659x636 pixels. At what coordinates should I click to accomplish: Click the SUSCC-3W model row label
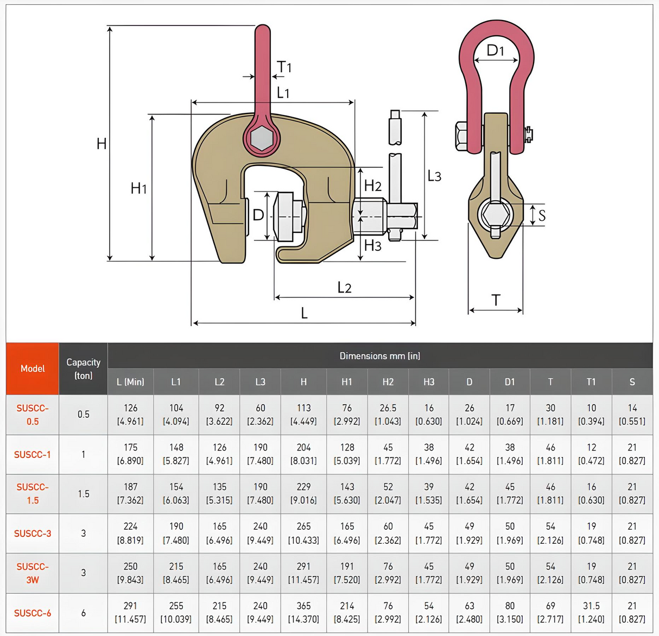(x=33, y=573)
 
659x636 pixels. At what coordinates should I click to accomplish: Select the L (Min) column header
(x=130, y=381)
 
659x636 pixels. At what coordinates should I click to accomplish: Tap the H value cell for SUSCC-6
(x=303, y=612)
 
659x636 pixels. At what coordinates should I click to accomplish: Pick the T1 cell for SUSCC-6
(x=591, y=612)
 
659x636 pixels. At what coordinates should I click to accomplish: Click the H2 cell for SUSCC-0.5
(x=388, y=414)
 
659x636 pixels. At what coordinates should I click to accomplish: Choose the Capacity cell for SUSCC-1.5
(x=83, y=494)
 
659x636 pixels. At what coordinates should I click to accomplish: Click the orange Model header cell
(x=33, y=368)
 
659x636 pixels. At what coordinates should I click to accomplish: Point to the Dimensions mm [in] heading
(x=379, y=356)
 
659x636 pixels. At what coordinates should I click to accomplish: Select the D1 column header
(x=510, y=381)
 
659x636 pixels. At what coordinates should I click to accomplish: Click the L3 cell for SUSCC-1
(x=260, y=454)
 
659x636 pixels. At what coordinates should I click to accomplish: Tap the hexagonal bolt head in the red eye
(x=262, y=138)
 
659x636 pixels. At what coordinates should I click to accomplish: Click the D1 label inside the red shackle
(x=495, y=50)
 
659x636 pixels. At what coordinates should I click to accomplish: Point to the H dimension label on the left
(x=102, y=144)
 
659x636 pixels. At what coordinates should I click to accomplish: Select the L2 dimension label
(x=344, y=288)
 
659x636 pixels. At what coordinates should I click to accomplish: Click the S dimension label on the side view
(x=542, y=215)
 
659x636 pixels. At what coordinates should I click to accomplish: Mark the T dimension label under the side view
(x=496, y=300)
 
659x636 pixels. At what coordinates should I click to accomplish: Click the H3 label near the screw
(x=372, y=246)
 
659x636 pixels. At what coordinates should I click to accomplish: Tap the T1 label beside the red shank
(x=284, y=67)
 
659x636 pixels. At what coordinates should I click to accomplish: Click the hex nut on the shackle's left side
(x=461, y=136)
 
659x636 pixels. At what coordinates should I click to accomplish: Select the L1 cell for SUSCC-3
(x=176, y=533)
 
